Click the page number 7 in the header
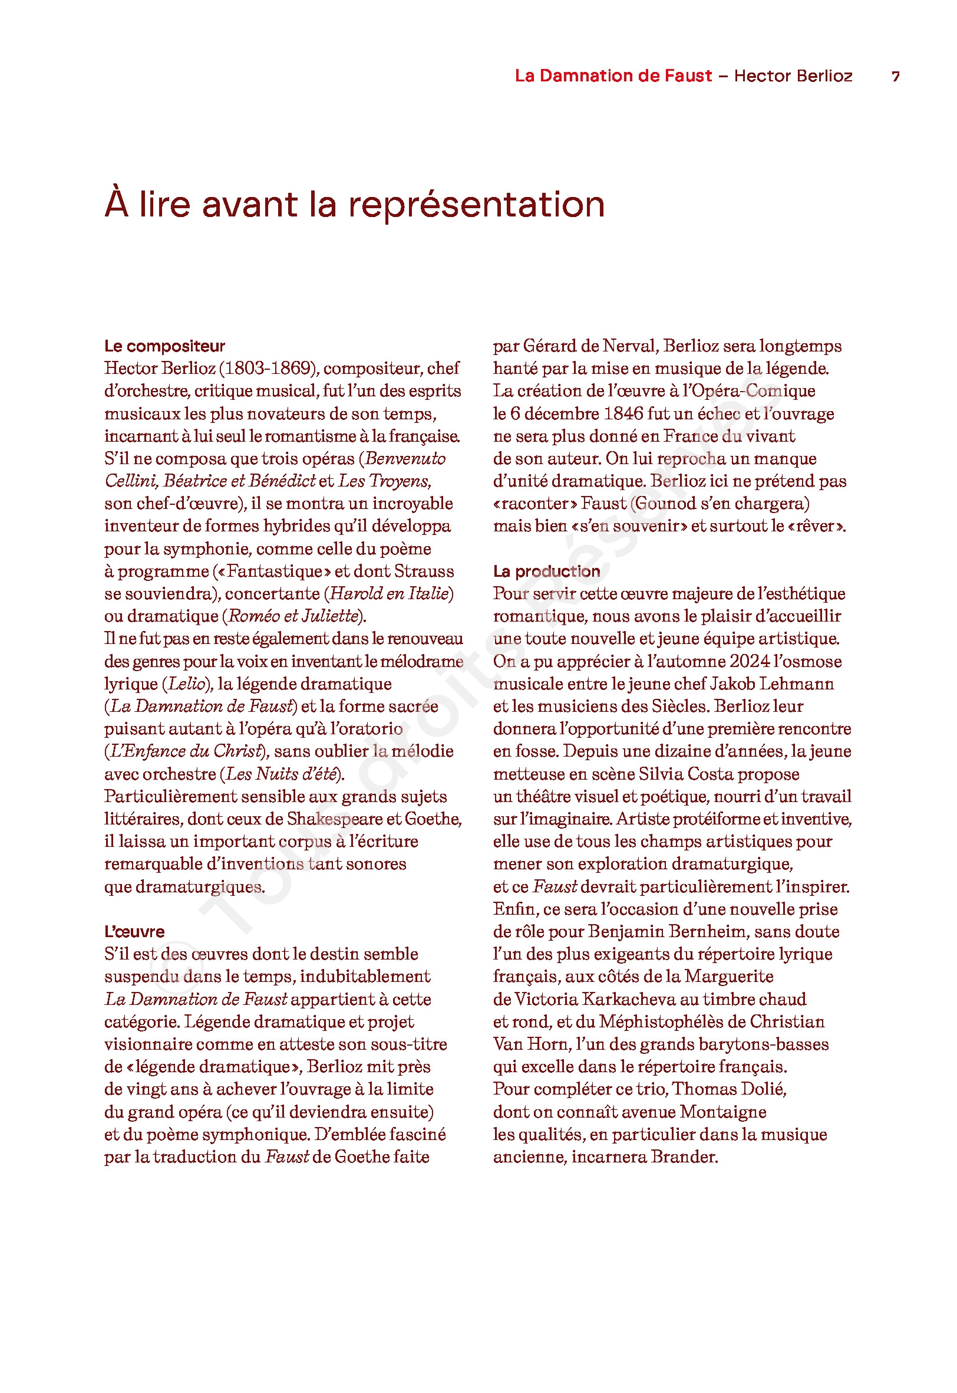(895, 76)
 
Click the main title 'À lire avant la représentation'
(354, 204)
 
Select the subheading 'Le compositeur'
(164, 346)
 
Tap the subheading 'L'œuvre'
(134, 932)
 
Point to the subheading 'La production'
(546, 571)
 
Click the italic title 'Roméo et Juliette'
(294, 616)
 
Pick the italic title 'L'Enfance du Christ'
(184, 752)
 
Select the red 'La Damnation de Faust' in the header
(613, 75)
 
